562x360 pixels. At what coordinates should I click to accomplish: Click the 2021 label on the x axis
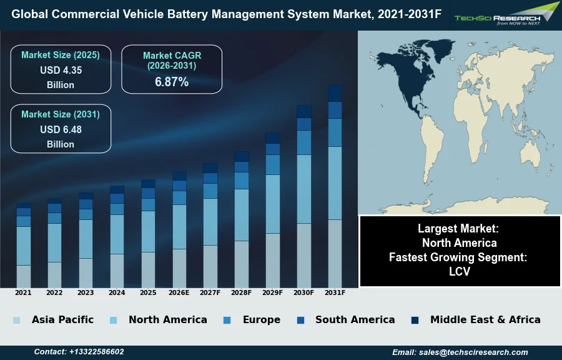point(23,292)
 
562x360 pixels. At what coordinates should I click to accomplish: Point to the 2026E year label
point(179,292)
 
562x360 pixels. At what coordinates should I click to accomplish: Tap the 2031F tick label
point(335,292)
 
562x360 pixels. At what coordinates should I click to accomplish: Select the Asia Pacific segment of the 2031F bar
point(335,253)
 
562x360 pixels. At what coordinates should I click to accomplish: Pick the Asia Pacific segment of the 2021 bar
point(24,276)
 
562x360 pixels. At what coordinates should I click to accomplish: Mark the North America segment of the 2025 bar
point(148,231)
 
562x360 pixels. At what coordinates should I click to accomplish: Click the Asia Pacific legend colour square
point(16,320)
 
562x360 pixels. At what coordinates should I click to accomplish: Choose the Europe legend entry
point(261,319)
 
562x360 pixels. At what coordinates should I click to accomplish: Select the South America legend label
point(355,319)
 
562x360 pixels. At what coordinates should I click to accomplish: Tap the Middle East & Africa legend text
point(485,319)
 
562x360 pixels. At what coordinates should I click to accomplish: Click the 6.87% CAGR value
point(172,82)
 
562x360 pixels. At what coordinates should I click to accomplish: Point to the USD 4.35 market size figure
point(61,70)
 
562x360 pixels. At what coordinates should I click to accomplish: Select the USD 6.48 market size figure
point(61,129)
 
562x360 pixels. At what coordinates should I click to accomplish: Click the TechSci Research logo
point(506,14)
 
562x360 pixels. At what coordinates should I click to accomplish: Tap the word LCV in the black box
point(459,272)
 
